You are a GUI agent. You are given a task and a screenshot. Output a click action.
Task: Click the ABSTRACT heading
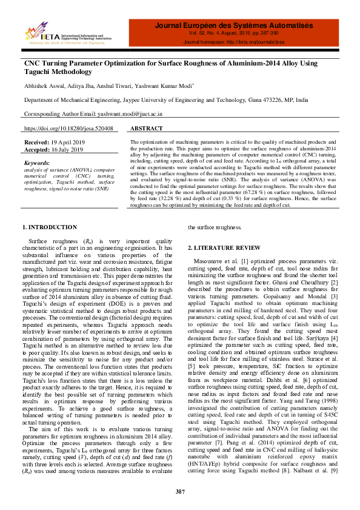pos(147,129)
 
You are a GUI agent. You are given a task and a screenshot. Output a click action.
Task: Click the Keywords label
pos(36,163)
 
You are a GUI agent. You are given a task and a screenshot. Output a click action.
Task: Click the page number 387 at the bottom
pos(180,491)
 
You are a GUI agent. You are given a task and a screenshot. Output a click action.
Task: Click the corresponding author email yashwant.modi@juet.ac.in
pos(128,113)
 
